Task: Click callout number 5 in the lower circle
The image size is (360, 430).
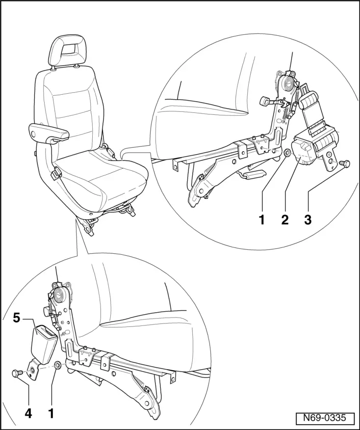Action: click(x=17, y=318)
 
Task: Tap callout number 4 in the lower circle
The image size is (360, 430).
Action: click(x=28, y=413)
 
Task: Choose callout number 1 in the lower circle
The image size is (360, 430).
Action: click(x=51, y=413)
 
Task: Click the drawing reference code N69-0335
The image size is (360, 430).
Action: click(x=325, y=418)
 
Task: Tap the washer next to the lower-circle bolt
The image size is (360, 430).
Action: click(x=58, y=366)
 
